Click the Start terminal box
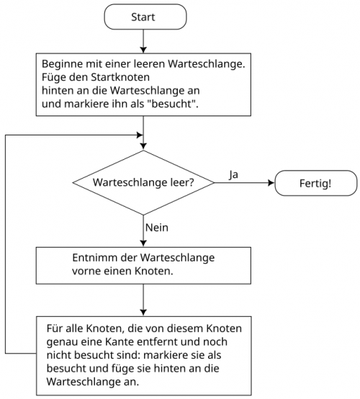145,17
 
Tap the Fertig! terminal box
316,183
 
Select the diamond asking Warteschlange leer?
143,183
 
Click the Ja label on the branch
233,174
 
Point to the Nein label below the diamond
157,228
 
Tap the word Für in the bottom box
55,328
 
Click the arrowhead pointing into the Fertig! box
271,183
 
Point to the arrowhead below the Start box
143,50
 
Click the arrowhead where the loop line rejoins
140,135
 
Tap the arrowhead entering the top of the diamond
143,146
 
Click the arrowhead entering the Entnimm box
143,243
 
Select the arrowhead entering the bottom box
143,313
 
